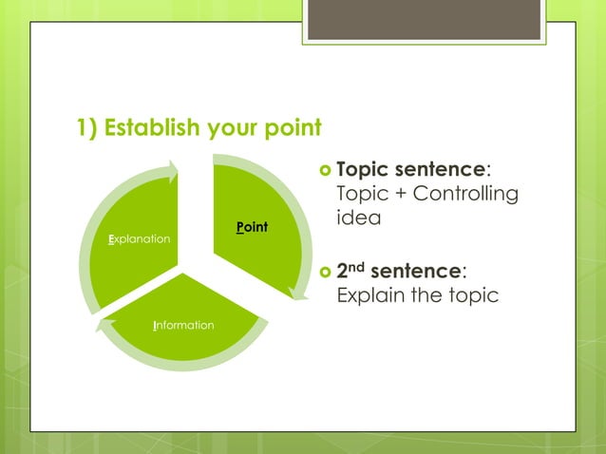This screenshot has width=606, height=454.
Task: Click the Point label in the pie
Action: tap(252, 227)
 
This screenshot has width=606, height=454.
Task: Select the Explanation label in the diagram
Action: tap(140, 237)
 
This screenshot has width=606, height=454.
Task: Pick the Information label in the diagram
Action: tap(183, 326)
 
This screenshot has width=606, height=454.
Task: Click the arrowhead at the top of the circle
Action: tap(172, 171)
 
